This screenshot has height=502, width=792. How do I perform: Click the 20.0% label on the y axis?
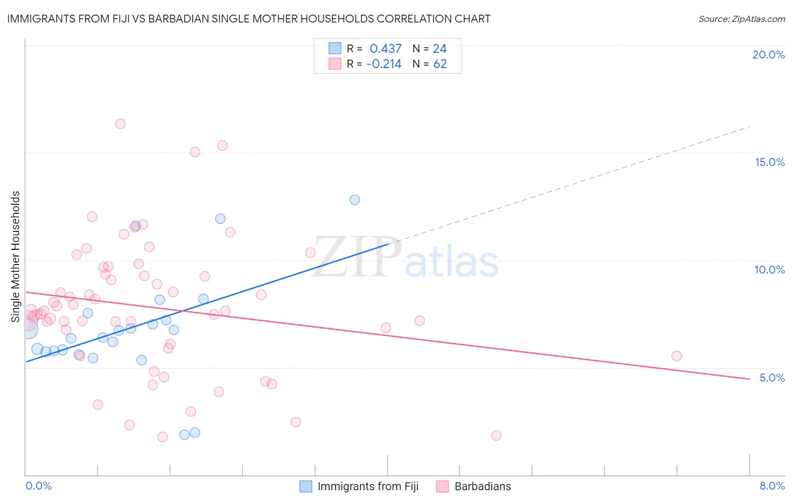coord(768,55)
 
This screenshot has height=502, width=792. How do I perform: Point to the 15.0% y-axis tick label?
coord(769,162)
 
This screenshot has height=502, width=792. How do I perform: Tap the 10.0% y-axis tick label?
coord(769,270)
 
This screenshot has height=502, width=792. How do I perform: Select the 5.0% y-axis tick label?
coord(772,378)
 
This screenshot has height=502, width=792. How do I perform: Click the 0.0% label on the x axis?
coord(38,486)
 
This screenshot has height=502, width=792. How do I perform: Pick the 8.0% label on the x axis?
coord(772,486)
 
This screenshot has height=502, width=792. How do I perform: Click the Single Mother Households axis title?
coord(16,257)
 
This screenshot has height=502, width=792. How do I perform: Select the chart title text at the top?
coord(248,19)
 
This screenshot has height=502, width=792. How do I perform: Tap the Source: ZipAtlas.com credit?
coord(741,19)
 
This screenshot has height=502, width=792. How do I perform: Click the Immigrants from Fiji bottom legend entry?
coord(367,486)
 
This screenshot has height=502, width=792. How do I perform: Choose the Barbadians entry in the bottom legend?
coord(482,486)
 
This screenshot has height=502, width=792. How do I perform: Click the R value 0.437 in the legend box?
coord(385,49)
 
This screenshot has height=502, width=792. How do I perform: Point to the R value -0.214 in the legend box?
coord(384,64)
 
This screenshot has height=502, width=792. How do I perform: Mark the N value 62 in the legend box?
coord(440,64)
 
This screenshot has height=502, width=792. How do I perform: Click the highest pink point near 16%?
coord(120,124)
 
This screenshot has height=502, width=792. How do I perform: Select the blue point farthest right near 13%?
coord(355,200)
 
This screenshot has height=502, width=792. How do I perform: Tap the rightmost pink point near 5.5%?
coord(677,356)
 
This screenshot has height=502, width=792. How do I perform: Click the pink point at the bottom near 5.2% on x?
coord(496,435)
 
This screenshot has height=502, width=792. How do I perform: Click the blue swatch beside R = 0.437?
coord(335,48)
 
